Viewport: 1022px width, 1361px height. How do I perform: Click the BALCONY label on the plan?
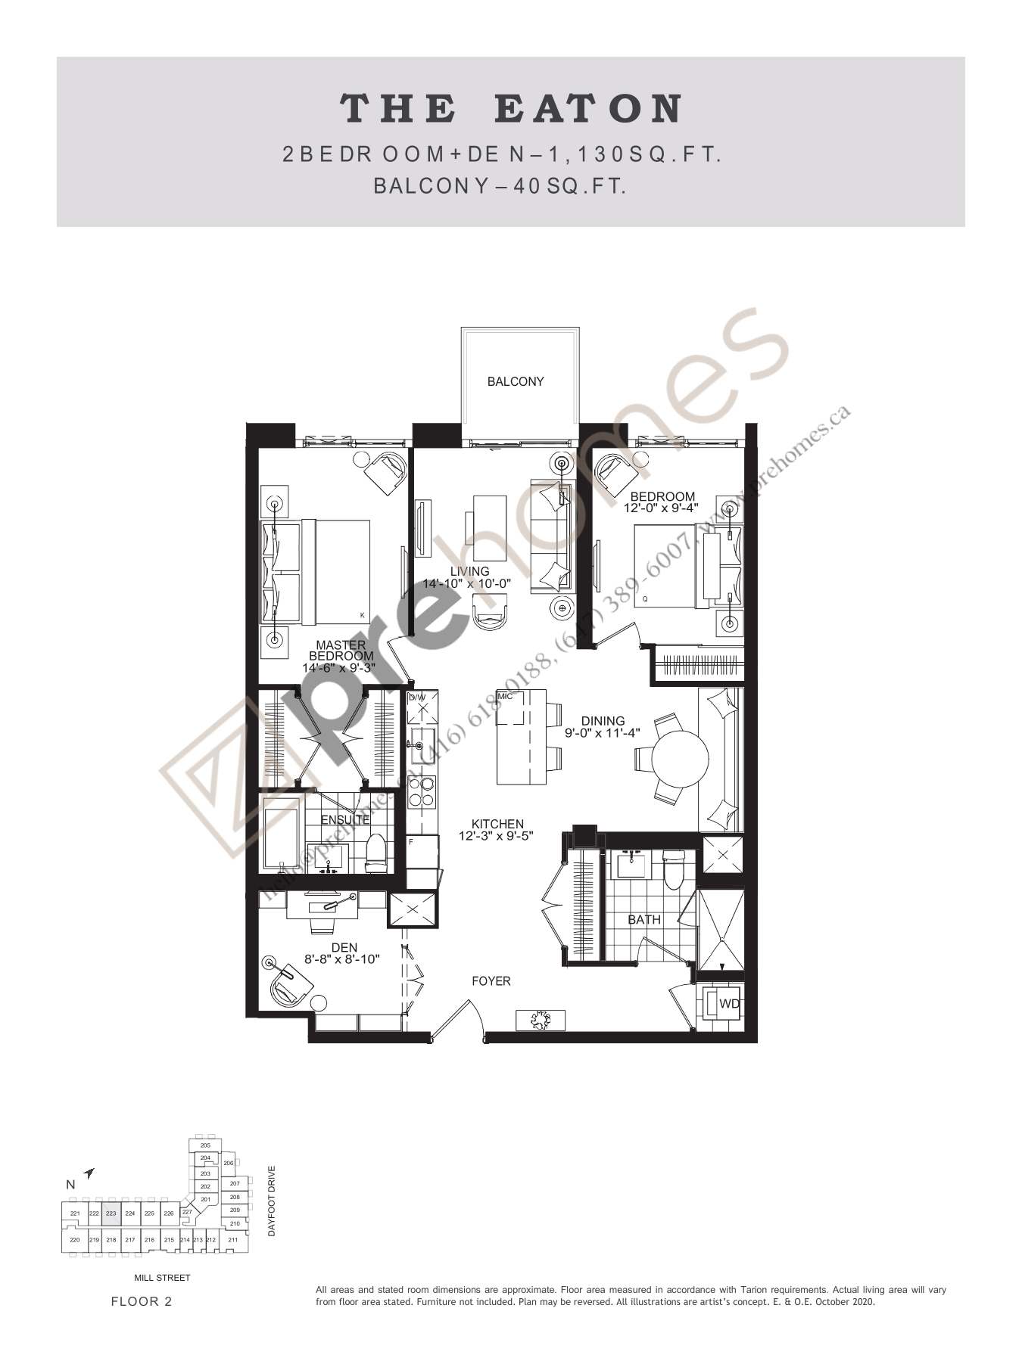[515, 381]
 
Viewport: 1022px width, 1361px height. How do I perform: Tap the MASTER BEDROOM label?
[341, 651]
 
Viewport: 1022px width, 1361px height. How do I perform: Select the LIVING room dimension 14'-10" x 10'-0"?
[467, 584]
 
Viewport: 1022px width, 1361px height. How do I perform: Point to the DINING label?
[603, 721]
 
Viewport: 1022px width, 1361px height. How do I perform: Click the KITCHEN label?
[497, 824]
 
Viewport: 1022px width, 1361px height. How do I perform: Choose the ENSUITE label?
[345, 819]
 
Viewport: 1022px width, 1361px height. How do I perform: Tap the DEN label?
[344, 947]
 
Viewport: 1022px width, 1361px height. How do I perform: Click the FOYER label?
[491, 981]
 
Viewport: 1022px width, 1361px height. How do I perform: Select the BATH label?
[644, 920]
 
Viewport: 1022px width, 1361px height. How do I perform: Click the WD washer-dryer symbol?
[728, 1004]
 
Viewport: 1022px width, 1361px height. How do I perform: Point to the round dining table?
[680, 758]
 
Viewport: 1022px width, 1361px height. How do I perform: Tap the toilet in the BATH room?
[673, 871]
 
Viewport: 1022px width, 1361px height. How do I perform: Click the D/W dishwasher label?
[417, 697]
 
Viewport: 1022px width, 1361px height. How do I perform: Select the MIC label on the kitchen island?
[505, 696]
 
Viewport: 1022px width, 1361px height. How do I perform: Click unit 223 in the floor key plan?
[111, 1213]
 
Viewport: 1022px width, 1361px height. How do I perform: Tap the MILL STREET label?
[162, 1278]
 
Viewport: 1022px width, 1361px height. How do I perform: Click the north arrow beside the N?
[89, 1173]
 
